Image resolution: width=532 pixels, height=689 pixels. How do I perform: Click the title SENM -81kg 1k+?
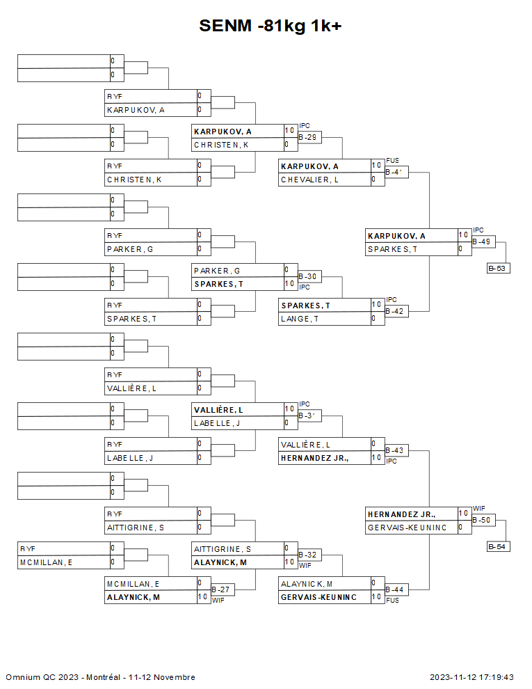[x=270, y=26]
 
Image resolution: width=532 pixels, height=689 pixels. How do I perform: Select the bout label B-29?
[x=308, y=138]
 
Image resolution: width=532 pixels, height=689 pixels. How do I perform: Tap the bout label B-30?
[x=308, y=277]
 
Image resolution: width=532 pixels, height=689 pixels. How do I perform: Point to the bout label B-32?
[x=308, y=555]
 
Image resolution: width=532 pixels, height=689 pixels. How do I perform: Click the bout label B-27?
[x=221, y=590]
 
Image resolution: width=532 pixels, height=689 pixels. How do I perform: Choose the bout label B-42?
[x=395, y=312]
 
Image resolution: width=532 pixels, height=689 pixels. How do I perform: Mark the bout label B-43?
[x=395, y=451]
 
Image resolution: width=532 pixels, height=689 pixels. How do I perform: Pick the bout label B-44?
[x=395, y=590]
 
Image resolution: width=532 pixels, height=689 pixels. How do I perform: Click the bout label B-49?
[x=482, y=242]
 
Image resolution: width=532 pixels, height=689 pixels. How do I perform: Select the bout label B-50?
[x=482, y=521]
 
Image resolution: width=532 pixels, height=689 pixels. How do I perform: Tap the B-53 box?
[x=499, y=268]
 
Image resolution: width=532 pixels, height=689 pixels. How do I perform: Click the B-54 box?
[x=499, y=546]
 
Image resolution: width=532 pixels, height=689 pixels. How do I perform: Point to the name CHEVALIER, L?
[x=309, y=180]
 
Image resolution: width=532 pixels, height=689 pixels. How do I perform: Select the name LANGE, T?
[x=300, y=319]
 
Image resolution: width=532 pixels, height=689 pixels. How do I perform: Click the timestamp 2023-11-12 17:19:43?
[x=471, y=677]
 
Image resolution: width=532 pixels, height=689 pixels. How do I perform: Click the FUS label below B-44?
[x=392, y=600]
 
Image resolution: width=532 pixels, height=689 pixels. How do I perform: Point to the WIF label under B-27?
[x=218, y=600]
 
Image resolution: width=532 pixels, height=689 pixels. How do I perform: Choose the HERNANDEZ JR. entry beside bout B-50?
[x=401, y=514]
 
